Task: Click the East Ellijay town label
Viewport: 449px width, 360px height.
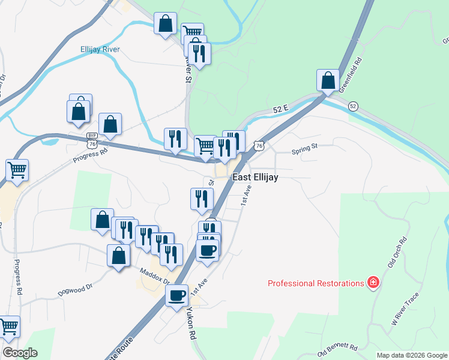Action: pos(255,178)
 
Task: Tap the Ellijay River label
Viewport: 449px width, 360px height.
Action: pos(100,50)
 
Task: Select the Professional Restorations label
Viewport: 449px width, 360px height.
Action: pos(316,283)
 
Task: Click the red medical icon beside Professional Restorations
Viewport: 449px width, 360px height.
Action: pos(373,283)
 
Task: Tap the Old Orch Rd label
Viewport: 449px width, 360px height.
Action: pos(397,252)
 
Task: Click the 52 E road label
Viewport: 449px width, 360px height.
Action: pos(281,109)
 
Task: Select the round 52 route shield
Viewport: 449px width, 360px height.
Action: pos(353,106)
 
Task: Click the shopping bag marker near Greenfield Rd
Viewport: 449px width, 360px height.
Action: pos(328,80)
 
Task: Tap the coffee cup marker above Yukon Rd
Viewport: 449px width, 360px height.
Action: pos(176,295)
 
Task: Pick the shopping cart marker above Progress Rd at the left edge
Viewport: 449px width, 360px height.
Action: pos(17,170)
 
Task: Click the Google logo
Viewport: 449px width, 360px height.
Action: pos(19,353)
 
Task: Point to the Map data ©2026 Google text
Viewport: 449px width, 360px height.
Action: pos(412,355)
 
